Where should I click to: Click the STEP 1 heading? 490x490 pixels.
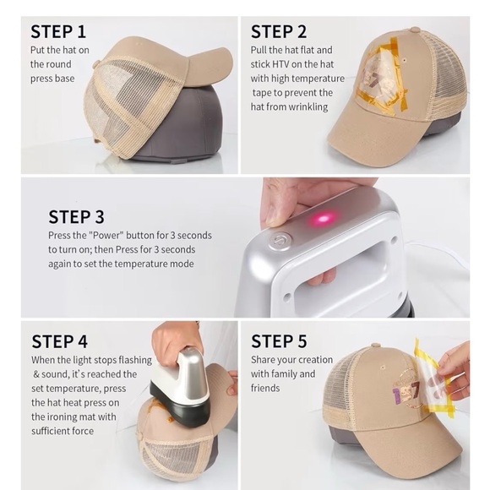coord(58,32)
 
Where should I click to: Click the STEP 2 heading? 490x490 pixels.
coord(279,32)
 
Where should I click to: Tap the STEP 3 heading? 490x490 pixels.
coord(76,217)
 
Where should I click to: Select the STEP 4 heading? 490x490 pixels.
coord(59,341)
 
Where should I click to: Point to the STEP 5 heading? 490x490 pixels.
coord(279,341)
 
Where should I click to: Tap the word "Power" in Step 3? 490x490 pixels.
coord(106,236)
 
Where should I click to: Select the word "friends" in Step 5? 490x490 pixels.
coord(265,388)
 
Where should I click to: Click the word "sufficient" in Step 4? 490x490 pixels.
coord(51,431)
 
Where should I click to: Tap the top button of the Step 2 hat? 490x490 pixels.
coord(415,30)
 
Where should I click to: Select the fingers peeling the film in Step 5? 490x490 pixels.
coord(455,370)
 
